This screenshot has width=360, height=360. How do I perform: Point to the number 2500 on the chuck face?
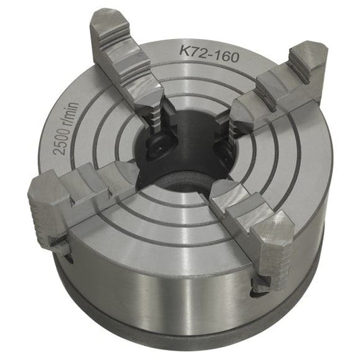tap(61, 138)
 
